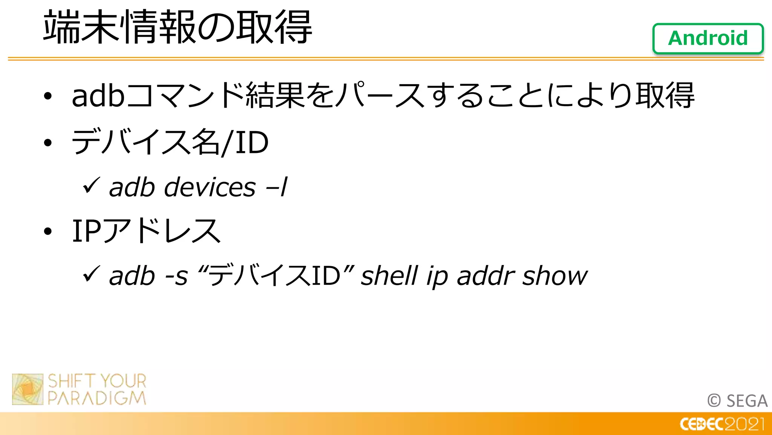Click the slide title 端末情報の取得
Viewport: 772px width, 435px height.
click(177, 27)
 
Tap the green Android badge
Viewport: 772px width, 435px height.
click(708, 39)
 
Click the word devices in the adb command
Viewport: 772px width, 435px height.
click(210, 187)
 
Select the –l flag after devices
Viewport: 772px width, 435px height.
click(277, 187)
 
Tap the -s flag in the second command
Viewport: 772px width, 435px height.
click(176, 276)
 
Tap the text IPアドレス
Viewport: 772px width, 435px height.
click(146, 231)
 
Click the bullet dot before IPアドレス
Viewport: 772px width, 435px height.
click(47, 231)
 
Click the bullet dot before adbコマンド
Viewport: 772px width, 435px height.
click(47, 97)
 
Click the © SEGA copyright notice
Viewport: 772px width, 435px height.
click(737, 401)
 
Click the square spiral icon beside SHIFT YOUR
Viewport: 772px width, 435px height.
click(28, 389)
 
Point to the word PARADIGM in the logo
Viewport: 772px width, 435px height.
click(97, 398)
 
